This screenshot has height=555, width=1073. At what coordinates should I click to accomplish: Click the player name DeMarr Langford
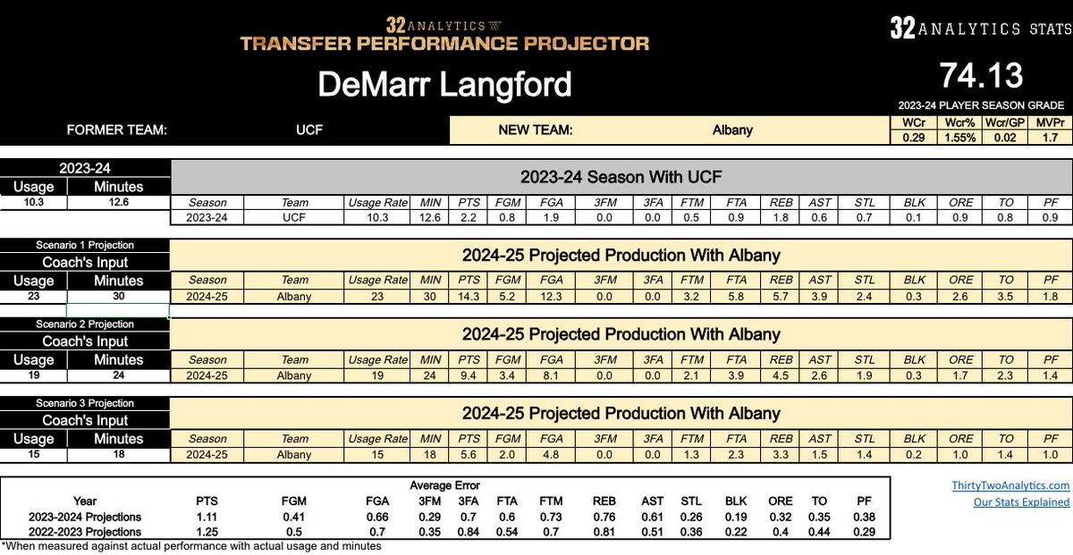pos(444,85)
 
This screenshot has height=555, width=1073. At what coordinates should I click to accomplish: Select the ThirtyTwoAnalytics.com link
pos(1010,485)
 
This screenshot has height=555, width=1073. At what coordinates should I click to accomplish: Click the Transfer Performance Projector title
pos(444,43)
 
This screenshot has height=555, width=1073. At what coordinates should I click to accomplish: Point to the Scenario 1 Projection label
pos(85,245)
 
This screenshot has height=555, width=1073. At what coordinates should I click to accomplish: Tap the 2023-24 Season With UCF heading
pos(621,176)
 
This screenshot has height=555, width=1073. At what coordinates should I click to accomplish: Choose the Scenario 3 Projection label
pos(85,403)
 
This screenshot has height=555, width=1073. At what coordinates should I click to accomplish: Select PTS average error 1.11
pos(207,517)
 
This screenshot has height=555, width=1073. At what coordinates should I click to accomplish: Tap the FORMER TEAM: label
pos(117,130)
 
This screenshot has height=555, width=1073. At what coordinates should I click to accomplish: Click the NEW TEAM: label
pos(536,130)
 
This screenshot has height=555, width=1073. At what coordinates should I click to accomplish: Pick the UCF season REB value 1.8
pos(780,218)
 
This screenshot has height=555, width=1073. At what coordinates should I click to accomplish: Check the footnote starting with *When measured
pos(191,546)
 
